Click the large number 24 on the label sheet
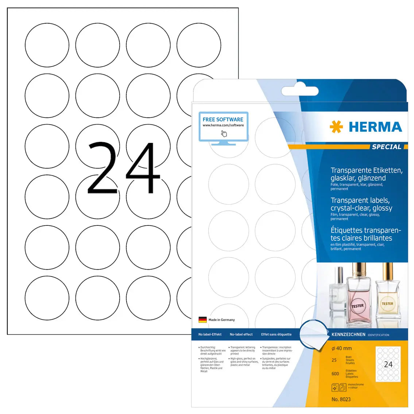[123, 168]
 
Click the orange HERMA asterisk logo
[336, 127]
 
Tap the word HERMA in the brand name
[375, 127]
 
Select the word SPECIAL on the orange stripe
[386, 147]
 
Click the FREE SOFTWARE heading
[223, 119]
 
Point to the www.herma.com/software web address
[223, 125]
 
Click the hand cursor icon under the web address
[224, 134]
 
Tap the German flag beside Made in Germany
[202, 320]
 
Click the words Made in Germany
[222, 320]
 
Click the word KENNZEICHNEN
[348, 334]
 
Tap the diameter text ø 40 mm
[341, 348]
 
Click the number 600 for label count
[335, 374]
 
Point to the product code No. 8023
[341, 399]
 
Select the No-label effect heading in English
[241, 334]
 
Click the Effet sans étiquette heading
[276, 334]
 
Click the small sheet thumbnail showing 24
[388, 364]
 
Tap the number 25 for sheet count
[334, 360]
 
